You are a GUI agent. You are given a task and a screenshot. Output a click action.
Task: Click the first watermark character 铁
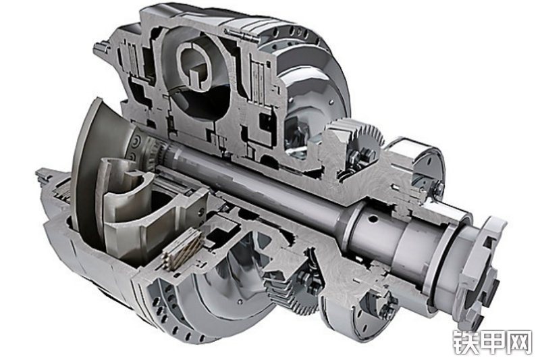(465, 342)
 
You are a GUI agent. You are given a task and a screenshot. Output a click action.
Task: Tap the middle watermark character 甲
(492, 342)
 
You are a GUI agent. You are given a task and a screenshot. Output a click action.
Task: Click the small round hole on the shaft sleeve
(373, 218)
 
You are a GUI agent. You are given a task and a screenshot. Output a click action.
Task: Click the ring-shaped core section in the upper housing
(194, 66)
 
